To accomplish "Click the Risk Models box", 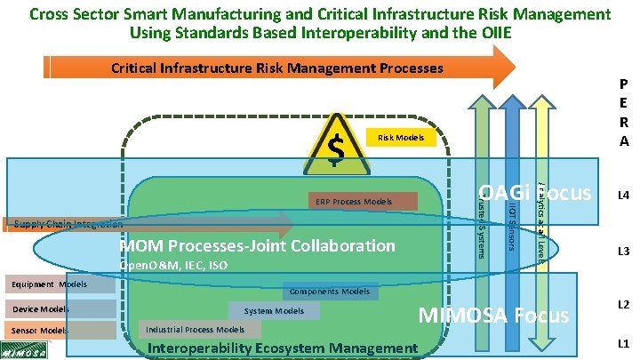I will (x=400, y=138).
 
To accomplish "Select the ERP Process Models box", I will (x=364, y=202).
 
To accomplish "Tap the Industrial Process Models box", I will (x=195, y=329).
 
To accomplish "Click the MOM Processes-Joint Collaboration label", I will (x=257, y=245).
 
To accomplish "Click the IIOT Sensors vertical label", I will (x=511, y=228).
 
